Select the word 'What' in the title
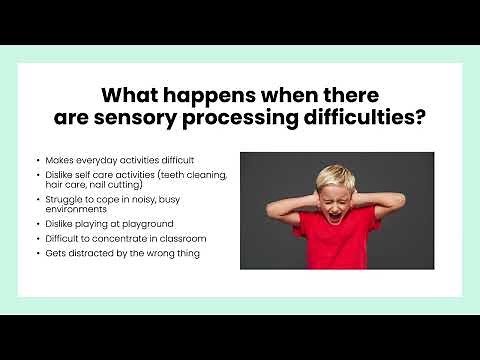coord(131,96)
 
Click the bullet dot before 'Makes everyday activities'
coord(38,160)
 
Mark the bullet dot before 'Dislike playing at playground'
coord(38,223)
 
